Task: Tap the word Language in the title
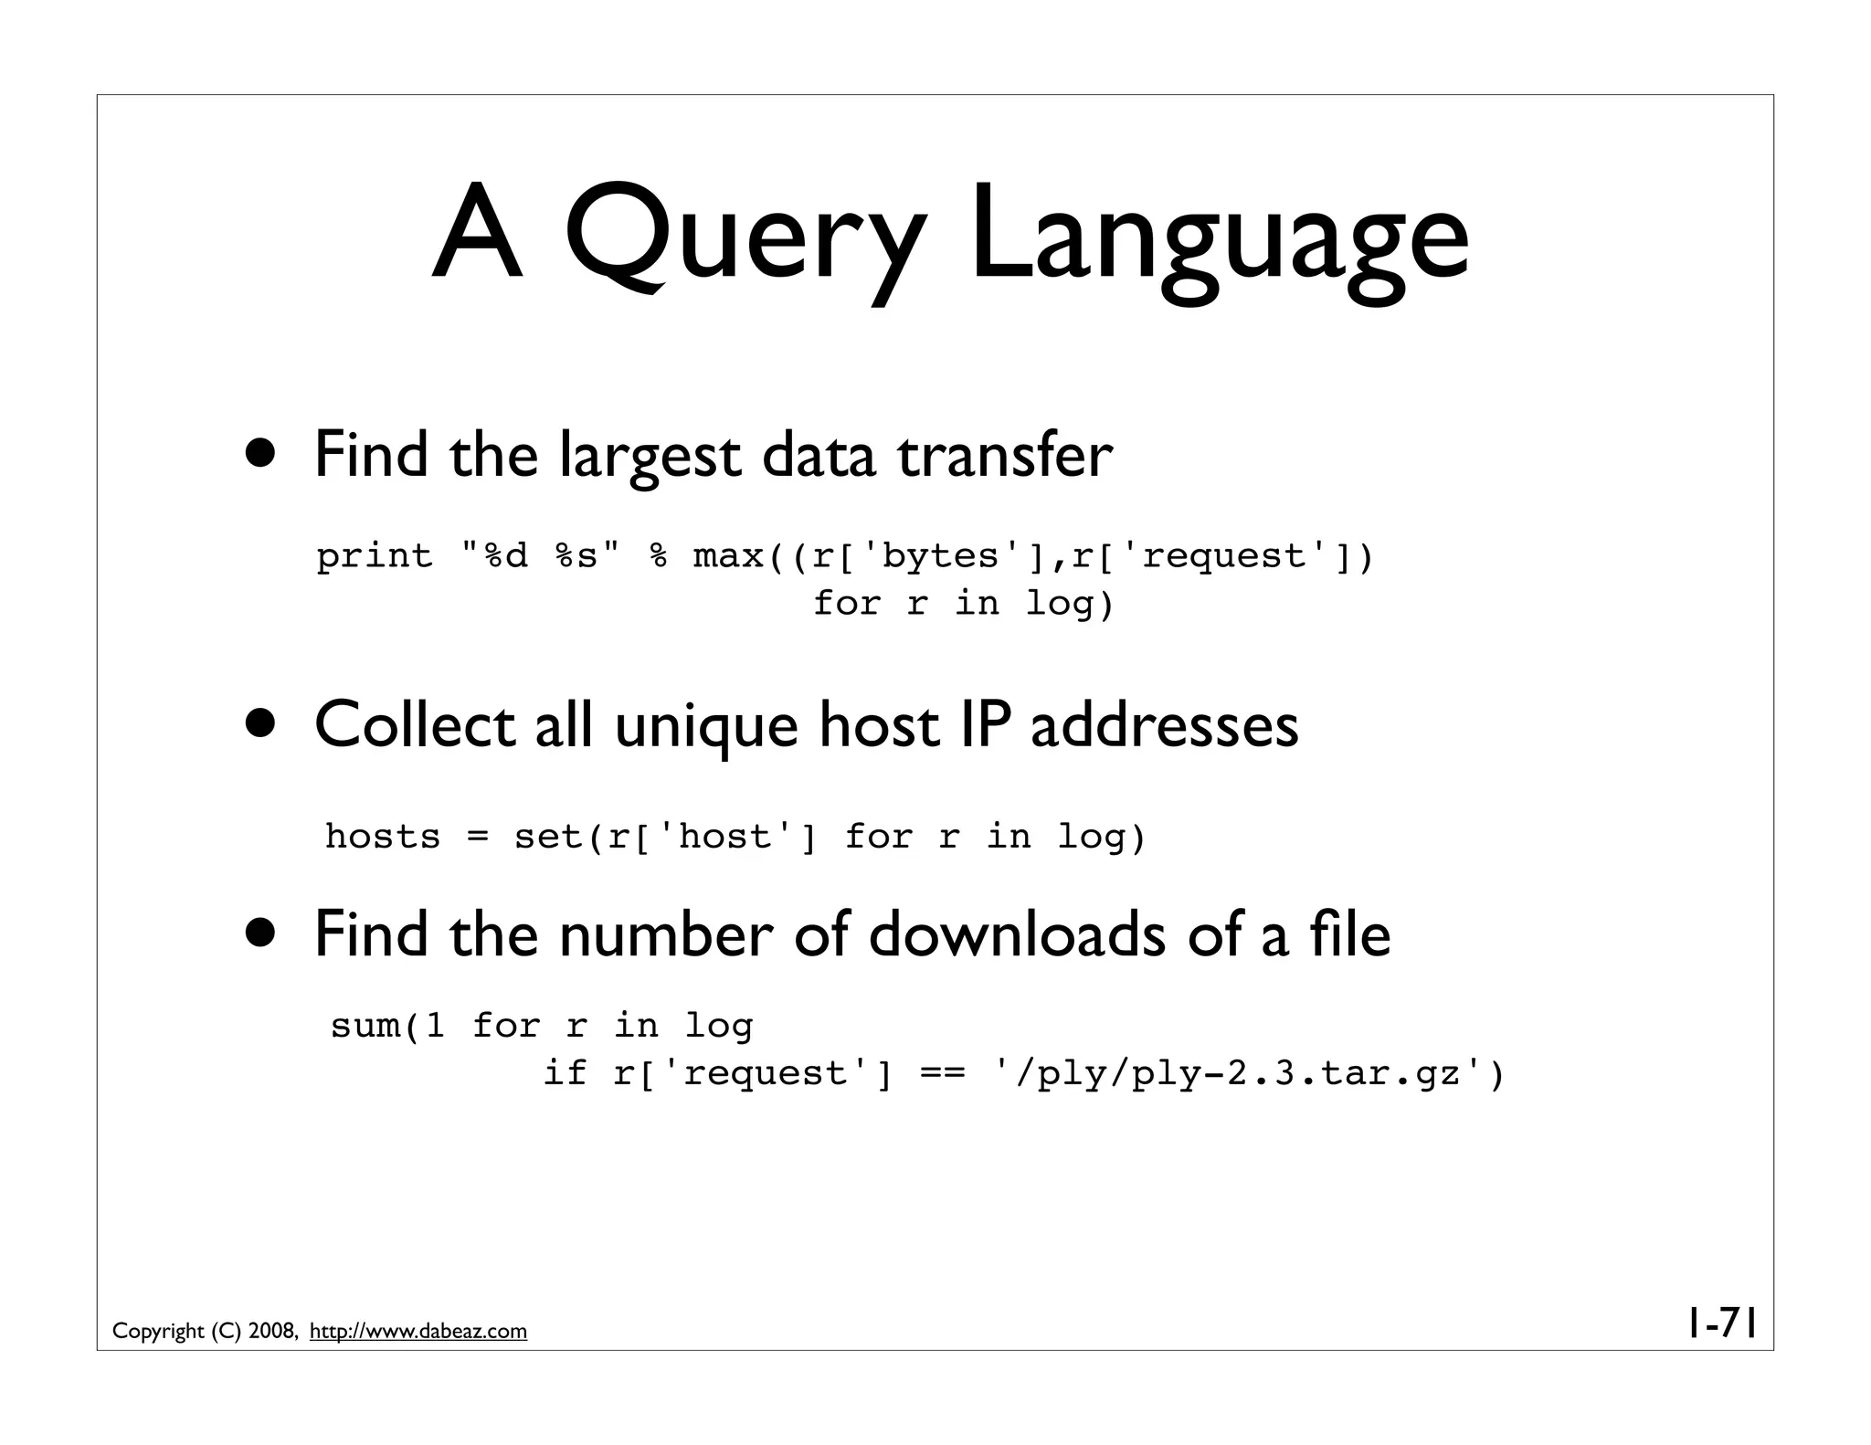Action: point(1219,239)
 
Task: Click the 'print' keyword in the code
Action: point(375,555)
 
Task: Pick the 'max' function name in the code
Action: point(728,555)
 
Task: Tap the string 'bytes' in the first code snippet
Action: point(941,555)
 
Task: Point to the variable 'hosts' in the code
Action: point(383,836)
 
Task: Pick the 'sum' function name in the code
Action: point(365,1026)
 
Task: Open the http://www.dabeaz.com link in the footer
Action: point(418,1332)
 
